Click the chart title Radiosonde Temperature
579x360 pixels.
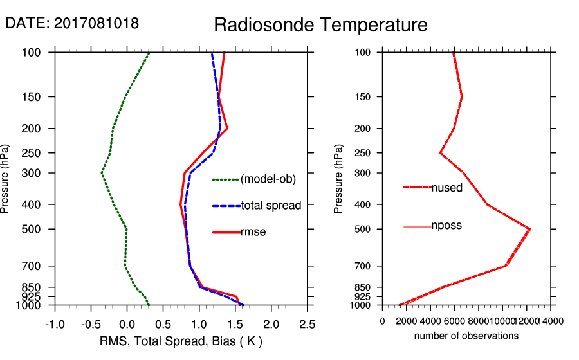[x=320, y=26]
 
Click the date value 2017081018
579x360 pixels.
[x=96, y=24]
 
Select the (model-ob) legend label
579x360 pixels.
[x=268, y=179]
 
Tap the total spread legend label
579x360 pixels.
[x=271, y=206]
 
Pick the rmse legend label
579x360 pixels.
[x=253, y=232]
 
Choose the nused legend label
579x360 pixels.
[x=446, y=187]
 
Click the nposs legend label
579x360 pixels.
[x=446, y=226]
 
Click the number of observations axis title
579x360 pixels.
[x=466, y=336]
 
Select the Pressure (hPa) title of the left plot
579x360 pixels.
[x=6, y=179]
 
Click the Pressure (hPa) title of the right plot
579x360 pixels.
[x=339, y=179]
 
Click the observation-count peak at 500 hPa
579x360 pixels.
[x=530, y=229]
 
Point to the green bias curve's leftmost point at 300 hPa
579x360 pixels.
[x=102, y=173]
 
